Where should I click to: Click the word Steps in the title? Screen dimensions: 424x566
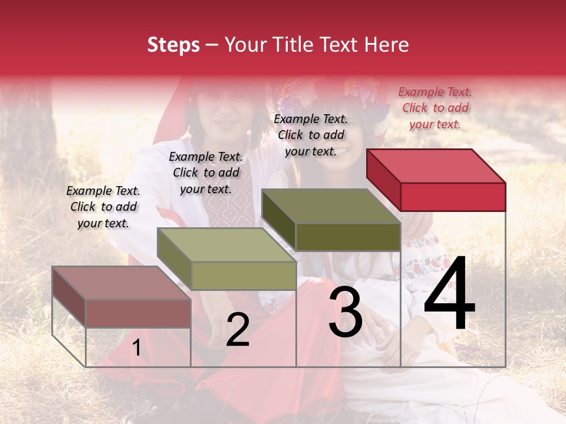pyautogui.click(x=173, y=45)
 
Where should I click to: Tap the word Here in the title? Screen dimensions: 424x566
pyautogui.click(x=386, y=45)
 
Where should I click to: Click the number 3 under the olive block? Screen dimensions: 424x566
pyautogui.click(x=345, y=312)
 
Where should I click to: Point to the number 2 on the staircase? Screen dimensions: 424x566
pyautogui.click(x=238, y=330)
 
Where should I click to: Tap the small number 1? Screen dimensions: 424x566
pyautogui.click(x=137, y=348)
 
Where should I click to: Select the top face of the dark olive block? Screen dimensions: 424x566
pyautogui.click(x=331, y=206)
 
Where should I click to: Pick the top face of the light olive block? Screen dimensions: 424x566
pyautogui.click(x=226, y=245)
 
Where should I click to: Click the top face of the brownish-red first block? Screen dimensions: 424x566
pyautogui.click(x=121, y=283)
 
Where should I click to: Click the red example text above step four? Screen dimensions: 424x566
pyautogui.click(x=435, y=108)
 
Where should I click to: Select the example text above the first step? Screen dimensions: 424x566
pyautogui.click(x=103, y=207)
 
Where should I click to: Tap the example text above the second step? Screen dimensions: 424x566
pyautogui.click(x=206, y=173)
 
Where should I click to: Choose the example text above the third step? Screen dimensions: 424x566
pyautogui.click(x=311, y=135)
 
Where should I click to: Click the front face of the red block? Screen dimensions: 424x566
pyautogui.click(x=453, y=197)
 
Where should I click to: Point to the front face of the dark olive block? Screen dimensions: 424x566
pyautogui.click(x=348, y=237)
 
